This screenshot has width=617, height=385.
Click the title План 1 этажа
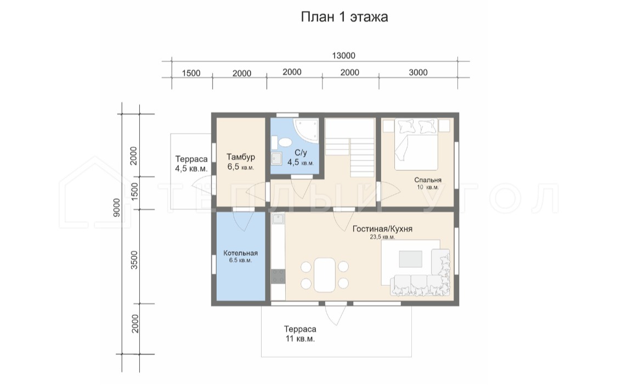(x=344, y=17)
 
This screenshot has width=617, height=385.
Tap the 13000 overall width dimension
(x=343, y=56)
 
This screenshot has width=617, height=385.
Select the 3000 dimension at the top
(x=418, y=72)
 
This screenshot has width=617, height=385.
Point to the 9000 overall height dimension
(x=116, y=208)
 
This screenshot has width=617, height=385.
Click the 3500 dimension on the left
(x=134, y=260)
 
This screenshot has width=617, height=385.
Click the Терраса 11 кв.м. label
(x=300, y=334)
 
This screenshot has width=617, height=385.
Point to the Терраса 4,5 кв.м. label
(x=191, y=164)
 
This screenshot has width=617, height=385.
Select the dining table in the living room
(x=324, y=274)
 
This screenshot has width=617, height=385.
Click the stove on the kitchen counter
(x=278, y=276)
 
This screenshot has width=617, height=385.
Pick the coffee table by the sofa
(x=410, y=259)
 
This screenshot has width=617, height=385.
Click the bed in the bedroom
(x=416, y=145)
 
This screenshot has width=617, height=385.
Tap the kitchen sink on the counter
(x=279, y=219)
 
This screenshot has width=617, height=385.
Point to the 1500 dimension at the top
(x=191, y=73)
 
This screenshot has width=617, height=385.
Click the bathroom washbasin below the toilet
(x=276, y=158)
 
